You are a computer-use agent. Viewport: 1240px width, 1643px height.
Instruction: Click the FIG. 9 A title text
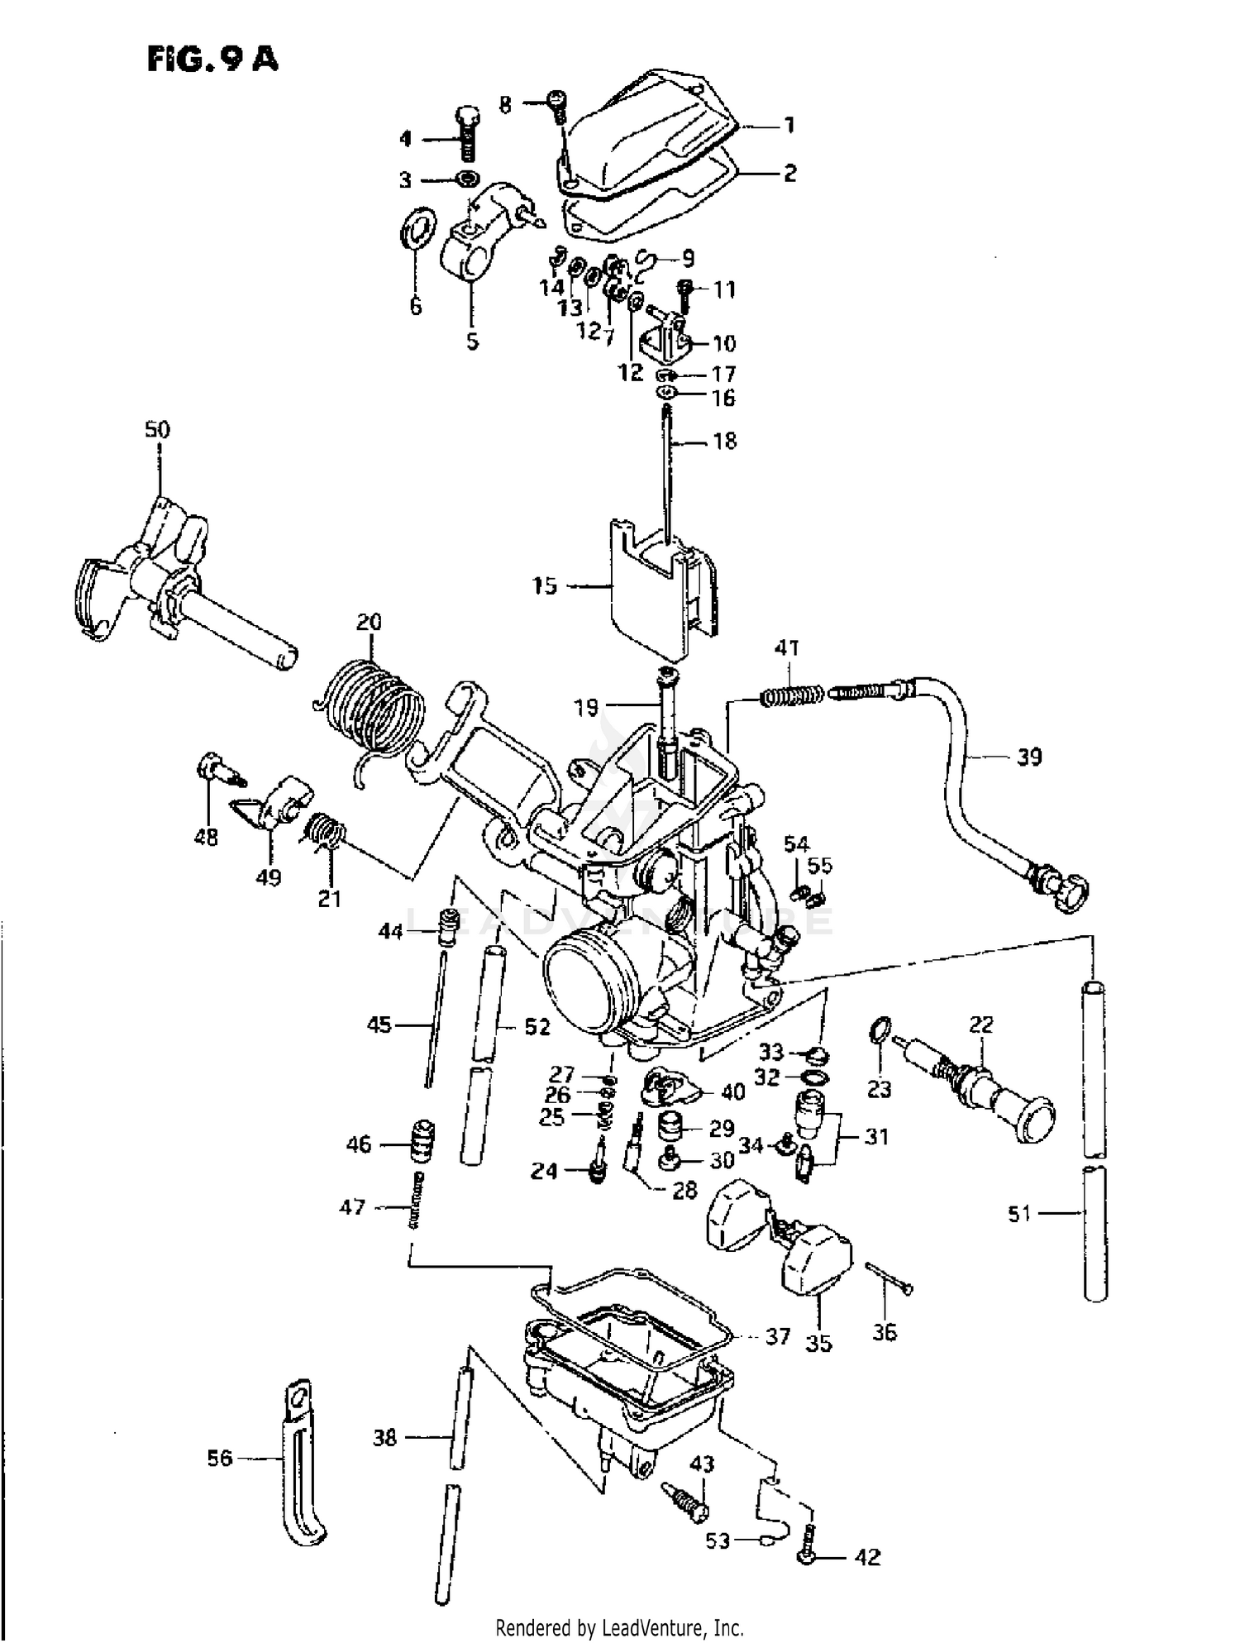pyautogui.click(x=212, y=60)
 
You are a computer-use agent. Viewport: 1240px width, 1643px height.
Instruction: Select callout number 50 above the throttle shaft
pyautogui.click(x=157, y=430)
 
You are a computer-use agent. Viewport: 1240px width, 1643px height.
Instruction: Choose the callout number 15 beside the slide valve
pyautogui.click(x=545, y=586)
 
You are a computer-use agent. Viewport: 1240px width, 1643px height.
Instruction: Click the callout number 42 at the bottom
pyautogui.click(x=867, y=1557)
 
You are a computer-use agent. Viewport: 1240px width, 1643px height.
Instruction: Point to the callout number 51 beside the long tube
pyautogui.click(x=1019, y=1213)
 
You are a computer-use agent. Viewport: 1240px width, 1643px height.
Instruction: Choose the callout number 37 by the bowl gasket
pyautogui.click(x=777, y=1335)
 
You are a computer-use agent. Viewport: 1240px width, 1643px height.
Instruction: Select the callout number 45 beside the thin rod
pyautogui.click(x=379, y=1025)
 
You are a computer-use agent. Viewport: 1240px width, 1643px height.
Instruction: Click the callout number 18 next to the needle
pyautogui.click(x=724, y=441)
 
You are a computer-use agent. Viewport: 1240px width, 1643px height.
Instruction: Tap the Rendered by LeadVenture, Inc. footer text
pyautogui.click(x=619, y=1628)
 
